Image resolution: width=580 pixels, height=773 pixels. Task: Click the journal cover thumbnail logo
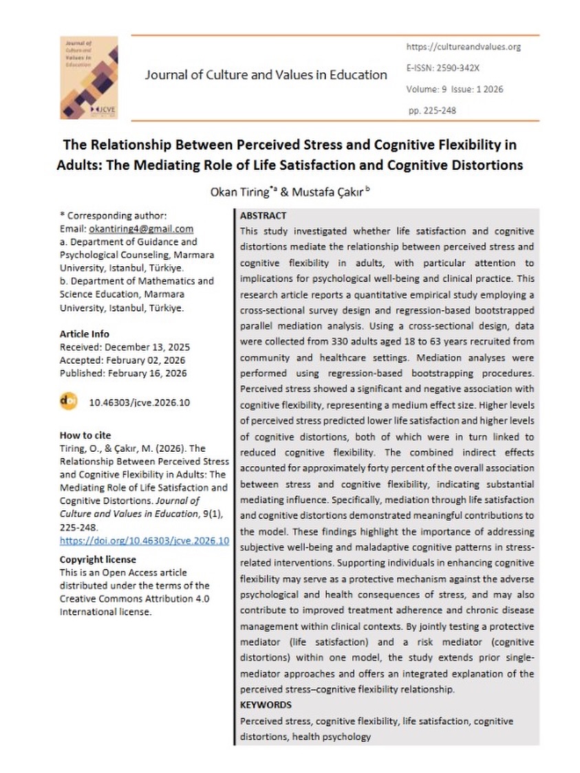(89, 76)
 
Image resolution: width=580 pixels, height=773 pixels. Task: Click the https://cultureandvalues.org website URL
(463, 47)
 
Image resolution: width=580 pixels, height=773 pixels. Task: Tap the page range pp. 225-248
(431, 110)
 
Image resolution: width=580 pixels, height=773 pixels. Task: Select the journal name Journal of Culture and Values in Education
(266, 75)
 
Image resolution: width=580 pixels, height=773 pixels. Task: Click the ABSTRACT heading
(263, 215)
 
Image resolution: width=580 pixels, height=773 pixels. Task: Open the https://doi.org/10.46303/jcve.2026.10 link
(144, 541)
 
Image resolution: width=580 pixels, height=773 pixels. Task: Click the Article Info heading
(84, 334)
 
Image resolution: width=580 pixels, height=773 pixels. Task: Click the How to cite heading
(85, 435)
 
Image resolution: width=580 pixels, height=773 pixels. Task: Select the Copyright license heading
(98, 559)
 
